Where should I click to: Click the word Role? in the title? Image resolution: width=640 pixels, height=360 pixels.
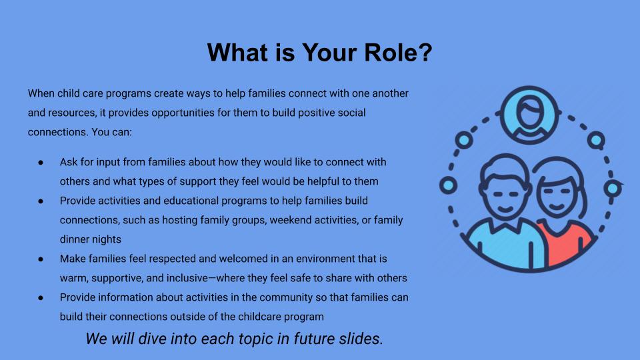(398, 52)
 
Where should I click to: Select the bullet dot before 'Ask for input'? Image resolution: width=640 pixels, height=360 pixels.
(41, 163)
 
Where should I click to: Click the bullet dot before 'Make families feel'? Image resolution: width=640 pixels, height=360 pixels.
(41, 259)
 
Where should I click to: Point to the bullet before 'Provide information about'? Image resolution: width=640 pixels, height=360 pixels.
(41, 298)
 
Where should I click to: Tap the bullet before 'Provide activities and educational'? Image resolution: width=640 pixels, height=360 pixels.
(41, 201)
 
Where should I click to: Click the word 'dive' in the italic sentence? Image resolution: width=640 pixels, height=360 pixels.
(152, 339)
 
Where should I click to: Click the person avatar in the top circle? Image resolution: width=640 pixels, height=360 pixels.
(529, 115)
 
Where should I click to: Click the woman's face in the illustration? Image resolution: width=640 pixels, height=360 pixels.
(558, 195)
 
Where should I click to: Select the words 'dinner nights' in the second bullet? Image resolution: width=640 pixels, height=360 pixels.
(91, 239)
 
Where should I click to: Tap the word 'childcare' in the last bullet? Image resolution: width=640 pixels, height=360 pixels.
(260, 317)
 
